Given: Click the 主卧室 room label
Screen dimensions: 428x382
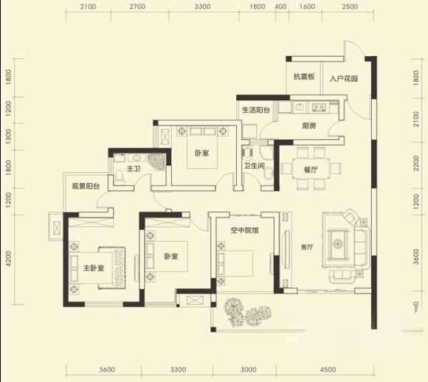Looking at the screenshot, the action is click(x=94, y=268).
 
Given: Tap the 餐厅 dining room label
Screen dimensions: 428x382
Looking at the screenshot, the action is click(x=311, y=170).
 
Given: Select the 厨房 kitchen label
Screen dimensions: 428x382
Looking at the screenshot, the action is click(x=309, y=125).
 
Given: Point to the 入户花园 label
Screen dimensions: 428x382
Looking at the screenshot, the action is click(x=344, y=79).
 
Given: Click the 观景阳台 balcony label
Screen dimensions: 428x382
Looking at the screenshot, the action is click(x=86, y=186).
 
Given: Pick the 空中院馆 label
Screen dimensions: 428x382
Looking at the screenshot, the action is click(x=244, y=230).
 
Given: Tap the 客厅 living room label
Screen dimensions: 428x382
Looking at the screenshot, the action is click(x=307, y=247).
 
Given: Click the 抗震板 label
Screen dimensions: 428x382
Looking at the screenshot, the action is click(x=304, y=77).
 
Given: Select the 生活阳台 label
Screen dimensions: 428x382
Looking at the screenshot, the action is click(x=256, y=110).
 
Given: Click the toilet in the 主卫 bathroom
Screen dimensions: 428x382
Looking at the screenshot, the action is click(x=120, y=176).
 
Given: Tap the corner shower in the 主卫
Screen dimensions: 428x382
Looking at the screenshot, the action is click(x=156, y=162).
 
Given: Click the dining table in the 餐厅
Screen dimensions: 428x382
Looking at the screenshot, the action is click(x=311, y=168).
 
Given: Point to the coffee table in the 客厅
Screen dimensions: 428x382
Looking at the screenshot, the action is click(x=338, y=243).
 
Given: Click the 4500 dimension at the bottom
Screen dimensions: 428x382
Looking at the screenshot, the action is click(x=328, y=369).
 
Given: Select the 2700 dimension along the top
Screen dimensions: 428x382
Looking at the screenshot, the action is click(x=137, y=7).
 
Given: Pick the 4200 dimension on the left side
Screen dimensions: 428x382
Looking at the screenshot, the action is click(x=8, y=259).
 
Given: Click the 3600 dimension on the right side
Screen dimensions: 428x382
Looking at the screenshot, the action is click(x=416, y=257).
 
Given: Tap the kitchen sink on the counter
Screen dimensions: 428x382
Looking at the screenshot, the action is click(x=300, y=107).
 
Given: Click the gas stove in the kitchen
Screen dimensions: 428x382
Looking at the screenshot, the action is click(x=319, y=107).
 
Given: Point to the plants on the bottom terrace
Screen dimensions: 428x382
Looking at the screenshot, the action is click(x=247, y=313).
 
